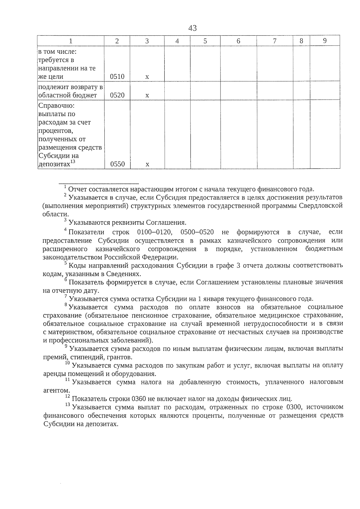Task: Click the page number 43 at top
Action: pyautogui.click(x=193, y=28)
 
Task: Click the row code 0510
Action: pyautogui.click(x=117, y=76)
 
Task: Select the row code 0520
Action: pyautogui.click(x=117, y=95)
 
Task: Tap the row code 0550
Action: pyautogui.click(x=117, y=164)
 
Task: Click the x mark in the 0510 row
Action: pyautogui.click(x=147, y=77)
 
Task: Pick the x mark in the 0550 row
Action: pyautogui.click(x=147, y=164)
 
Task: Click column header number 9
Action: pyautogui.click(x=325, y=41)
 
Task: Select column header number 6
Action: pyautogui.click(x=238, y=41)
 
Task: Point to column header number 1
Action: pyautogui.click(x=71, y=41)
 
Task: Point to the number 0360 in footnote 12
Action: pyautogui.click(x=139, y=399)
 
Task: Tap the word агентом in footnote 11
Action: pyautogui.click(x=56, y=391)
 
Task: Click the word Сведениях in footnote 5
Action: pyautogui.click(x=125, y=274)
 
